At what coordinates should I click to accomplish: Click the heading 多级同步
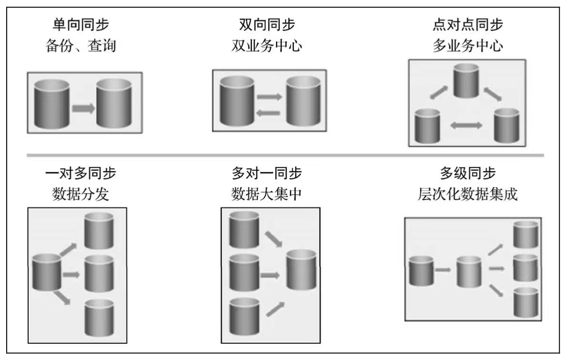468,173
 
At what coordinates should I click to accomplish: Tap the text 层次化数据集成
468,195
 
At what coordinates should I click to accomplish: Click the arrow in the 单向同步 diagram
83,108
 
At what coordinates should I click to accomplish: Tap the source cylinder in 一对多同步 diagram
46,272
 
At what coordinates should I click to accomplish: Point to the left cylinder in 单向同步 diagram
52,104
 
